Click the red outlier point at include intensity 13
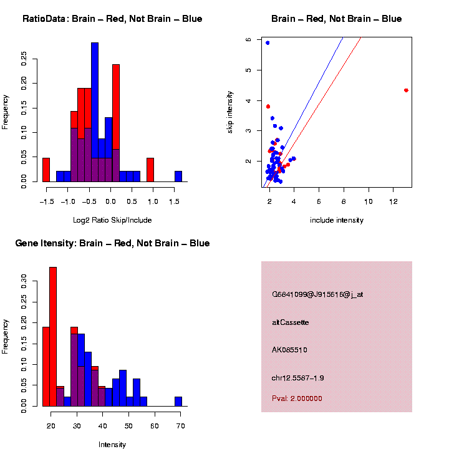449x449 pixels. pyautogui.click(x=406, y=90)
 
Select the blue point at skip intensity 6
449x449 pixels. pyautogui.click(x=268, y=43)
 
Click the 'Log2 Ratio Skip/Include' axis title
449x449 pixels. pyautogui.click(x=112, y=220)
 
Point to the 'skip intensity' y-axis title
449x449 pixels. pyautogui.click(x=230, y=112)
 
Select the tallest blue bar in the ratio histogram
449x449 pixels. pyautogui.click(x=95, y=112)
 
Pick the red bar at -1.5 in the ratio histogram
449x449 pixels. pyautogui.click(x=46, y=170)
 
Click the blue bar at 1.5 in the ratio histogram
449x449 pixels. pyautogui.click(x=178, y=176)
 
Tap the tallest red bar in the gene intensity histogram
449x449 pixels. pyautogui.click(x=53, y=337)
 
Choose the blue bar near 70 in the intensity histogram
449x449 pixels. pyautogui.click(x=178, y=402)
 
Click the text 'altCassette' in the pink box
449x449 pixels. pyautogui.click(x=290, y=322)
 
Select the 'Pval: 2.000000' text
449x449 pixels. pyautogui.click(x=297, y=398)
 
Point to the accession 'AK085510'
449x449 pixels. pyautogui.click(x=289, y=350)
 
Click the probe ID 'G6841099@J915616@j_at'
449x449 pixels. pyautogui.click(x=317, y=294)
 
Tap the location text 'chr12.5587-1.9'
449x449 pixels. pyautogui.click(x=297, y=378)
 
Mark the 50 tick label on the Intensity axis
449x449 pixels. pyautogui.click(x=128, y=426)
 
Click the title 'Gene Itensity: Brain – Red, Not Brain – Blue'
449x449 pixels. pyautogui.click(x=112, y=243)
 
